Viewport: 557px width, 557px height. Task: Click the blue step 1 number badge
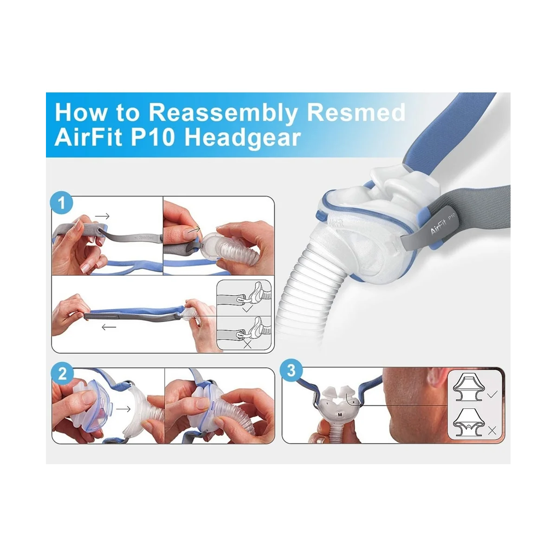point(63,203)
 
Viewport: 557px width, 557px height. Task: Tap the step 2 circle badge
point(63,374)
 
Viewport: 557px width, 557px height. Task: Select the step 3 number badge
point(291,371)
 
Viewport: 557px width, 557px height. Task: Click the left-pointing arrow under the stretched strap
point(109,327)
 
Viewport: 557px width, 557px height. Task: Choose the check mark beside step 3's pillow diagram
point(492,394)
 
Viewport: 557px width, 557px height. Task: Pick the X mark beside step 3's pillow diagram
point(492,430)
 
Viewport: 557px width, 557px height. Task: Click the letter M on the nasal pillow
point(340,414)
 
